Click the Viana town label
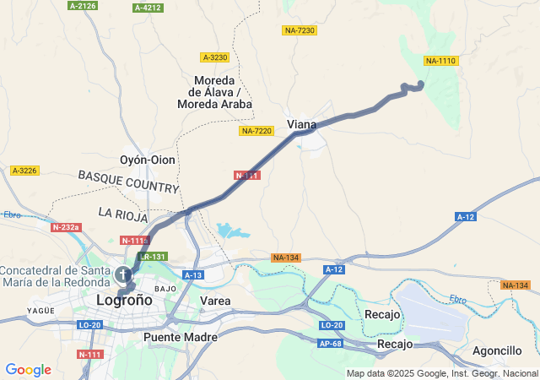pyautogui.click(x=302, y=124)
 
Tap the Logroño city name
pyautogui.click(x=124, y=300)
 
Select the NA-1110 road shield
pyautogui.click(x=440, y=60)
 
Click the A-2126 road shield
pyautogui.click(x=83, y=6)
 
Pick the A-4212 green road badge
pyautogui.click(x=148, y=8)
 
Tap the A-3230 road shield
pyautogui.click(x=215, y=57)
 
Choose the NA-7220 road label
pyautogui.click(x=256, y=131)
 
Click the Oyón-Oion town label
pyautogui.click(x=148, y=160)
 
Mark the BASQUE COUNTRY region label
pyautogui.click(x=128, y=181)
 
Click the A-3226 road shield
pyautogui.click(x=24, y=171)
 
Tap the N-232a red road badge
pyautogui.click(x=65, y=227)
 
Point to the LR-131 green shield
pyautogui.click(x=154, y=256)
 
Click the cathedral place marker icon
pyautogui.click(x=123, y=275)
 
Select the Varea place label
pyautogui.click(x=215, y=300)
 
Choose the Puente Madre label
pyautogui.click(x=180, y=336)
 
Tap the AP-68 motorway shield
pyautogui.click(x=332, y=344)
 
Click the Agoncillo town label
pyautogui.click(x=497, y=350)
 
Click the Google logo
pyautogui.click(x=28, y=370)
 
